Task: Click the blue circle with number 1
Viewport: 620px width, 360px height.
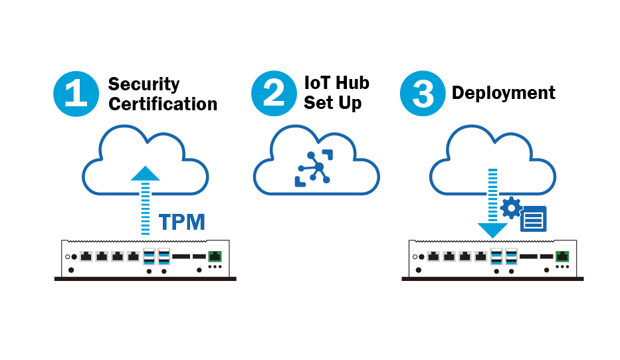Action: point(76,94)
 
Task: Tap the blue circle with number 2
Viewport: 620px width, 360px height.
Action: point(273,93)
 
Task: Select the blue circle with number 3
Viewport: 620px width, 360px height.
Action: point(423,94)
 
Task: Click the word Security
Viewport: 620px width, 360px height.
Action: point(144,84)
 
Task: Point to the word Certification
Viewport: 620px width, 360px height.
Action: point(163,104)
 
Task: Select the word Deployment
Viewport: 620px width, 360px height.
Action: point(503,93)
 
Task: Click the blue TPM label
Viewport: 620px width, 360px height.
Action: point(182,223)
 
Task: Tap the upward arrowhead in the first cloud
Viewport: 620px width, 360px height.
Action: point(145,174)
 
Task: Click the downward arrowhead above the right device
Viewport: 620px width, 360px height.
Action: point(492,230)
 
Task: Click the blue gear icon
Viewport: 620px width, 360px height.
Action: point(510,208)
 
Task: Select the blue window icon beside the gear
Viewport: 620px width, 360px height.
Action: point(534,219)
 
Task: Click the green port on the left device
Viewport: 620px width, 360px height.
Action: point(215,256)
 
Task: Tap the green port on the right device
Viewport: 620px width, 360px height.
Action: point(563,256)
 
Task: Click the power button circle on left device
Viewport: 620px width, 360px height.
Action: point(67,257)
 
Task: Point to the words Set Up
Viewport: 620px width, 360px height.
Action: point(332,103)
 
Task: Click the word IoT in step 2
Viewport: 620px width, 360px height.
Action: point(316,83)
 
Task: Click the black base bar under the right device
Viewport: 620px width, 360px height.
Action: point(492,278)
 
